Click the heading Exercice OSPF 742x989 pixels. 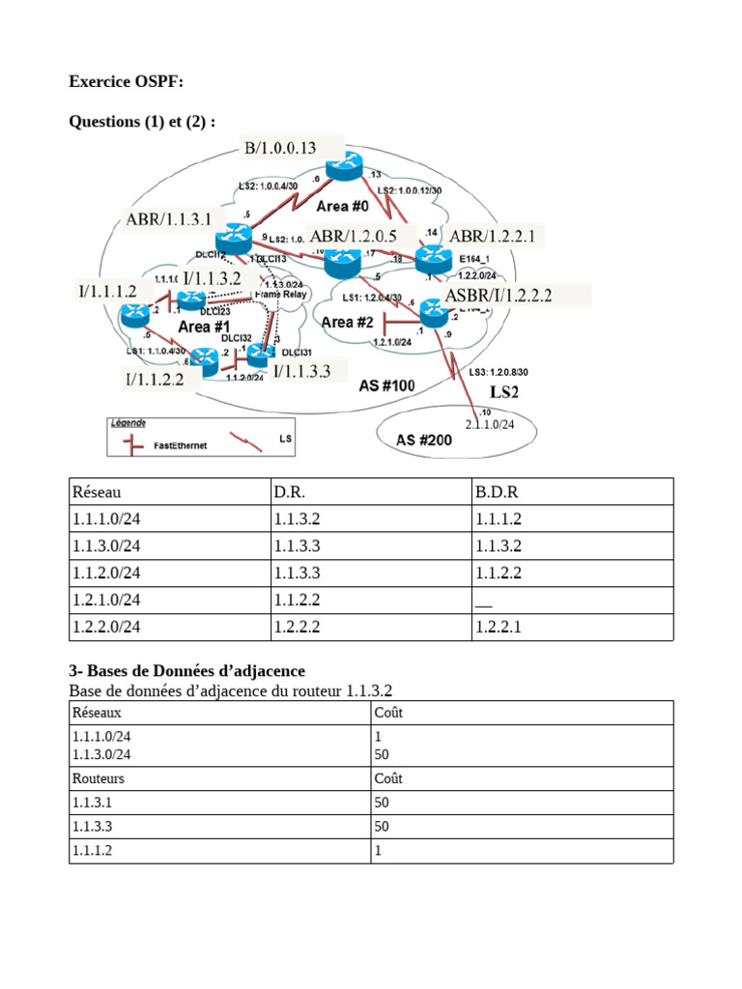pos(126,82)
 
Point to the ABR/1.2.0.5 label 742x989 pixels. pos(353,235)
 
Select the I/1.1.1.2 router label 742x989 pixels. pos(107,290)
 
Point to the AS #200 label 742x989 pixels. pos(423,439)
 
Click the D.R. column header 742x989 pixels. pos(289,492)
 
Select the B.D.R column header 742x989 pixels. pos(497,492)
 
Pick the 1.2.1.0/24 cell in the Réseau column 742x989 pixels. pos(106,600)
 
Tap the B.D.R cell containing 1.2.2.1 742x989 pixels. pos(498,627)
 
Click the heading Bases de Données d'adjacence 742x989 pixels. pos(186,670)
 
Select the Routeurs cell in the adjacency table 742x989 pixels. pos(98,777)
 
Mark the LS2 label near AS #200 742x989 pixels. pos(504,392)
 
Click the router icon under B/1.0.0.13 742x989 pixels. pos(342,170)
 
